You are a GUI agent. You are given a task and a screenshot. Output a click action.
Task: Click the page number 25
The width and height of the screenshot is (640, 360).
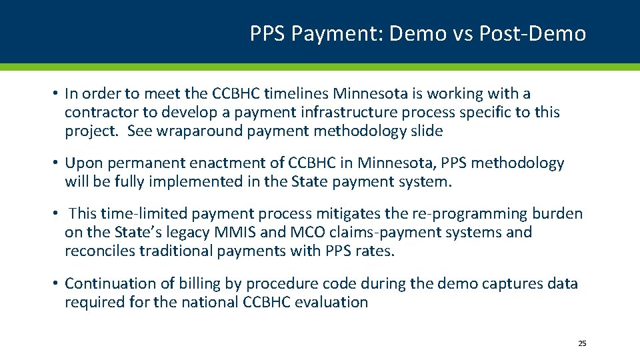click(x=582, y=343)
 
